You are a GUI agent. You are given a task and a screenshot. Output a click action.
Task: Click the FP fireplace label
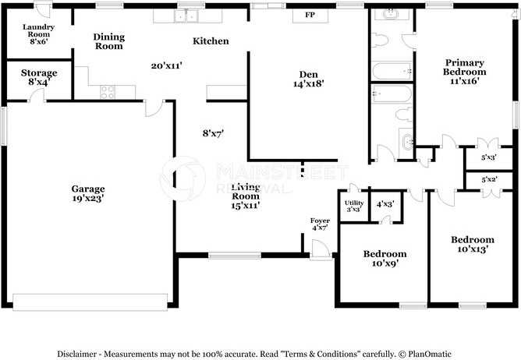[309, 16]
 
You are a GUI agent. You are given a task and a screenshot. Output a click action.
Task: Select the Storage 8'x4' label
[38, 77]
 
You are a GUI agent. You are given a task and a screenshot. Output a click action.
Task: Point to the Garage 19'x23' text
[88, 193]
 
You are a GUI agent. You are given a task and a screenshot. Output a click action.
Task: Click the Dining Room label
[108, 41]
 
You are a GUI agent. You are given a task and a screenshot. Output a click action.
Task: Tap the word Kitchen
[211, 41]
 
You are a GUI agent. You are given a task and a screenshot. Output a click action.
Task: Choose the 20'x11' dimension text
[166, 66]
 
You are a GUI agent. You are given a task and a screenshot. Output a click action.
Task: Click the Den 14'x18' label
[308, 79]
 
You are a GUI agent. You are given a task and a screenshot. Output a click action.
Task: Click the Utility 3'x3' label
[353, 206]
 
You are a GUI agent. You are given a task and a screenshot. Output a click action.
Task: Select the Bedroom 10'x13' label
[472, 245]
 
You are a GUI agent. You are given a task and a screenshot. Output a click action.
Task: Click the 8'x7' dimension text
[213, 133]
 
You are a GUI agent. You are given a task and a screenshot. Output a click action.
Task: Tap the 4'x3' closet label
[385, 203]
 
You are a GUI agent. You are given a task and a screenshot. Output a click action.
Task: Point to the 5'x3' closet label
[489, 157]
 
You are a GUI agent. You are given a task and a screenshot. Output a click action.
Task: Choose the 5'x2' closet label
[489, 180]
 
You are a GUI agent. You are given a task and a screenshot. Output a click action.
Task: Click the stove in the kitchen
[108, 90]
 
